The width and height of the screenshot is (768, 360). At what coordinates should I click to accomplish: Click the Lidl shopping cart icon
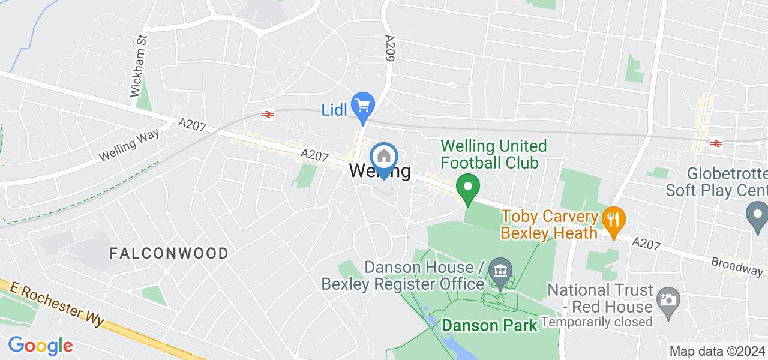362,106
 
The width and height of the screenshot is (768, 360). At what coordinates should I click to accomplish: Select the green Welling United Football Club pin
467,187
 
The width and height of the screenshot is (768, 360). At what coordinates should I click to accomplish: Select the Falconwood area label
169,253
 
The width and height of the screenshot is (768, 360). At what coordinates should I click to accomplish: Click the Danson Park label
489,325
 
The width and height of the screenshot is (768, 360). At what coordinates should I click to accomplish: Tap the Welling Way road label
129,145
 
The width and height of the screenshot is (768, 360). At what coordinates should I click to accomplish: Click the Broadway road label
737,266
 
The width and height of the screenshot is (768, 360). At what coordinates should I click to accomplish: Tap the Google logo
40,346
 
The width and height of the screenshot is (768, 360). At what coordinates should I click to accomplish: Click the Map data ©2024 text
718,352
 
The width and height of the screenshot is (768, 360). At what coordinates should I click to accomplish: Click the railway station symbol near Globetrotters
715,143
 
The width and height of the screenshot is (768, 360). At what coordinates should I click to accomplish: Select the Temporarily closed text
596,322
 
